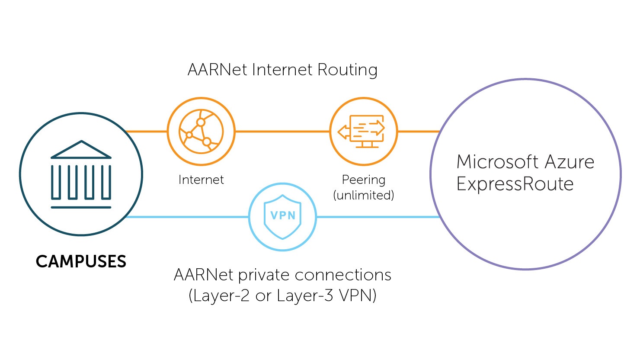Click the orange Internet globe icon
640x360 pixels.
pos(201,131)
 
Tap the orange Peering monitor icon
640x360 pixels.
pos(363,131)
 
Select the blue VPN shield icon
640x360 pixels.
pos(282,217)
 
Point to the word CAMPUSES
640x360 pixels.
pos(81,262)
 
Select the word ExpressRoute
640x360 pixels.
pos(515,184)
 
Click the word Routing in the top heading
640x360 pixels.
pos(347,70)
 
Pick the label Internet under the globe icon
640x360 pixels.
pos(201,180)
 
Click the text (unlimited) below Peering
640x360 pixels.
pos(363,196)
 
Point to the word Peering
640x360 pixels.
pos(363,180)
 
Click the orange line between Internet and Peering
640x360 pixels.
pos(282,131)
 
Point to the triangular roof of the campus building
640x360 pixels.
pos(81,149)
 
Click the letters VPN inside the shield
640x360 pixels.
pos(282,215)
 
